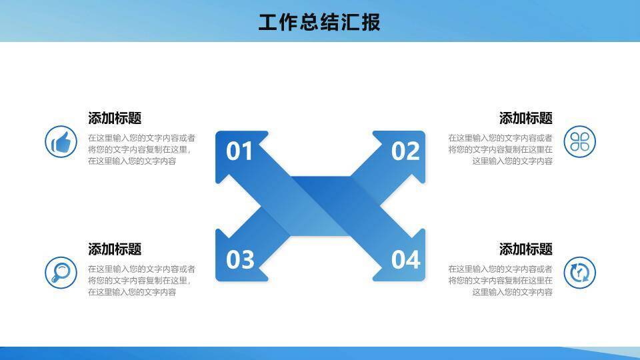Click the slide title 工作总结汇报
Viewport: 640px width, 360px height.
pos(319,22)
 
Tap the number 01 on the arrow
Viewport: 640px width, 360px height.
pos(240,151)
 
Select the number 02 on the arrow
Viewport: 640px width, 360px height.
pos(405,151)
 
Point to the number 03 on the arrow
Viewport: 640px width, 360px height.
pos(240,259)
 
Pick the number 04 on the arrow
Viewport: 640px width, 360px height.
pos(405,259)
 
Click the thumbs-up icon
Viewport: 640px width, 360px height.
pos(61,141)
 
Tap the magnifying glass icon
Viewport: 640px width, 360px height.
pos(61,273)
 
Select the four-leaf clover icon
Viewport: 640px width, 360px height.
pos(579,141)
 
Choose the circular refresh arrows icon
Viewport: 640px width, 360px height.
pos(579,273)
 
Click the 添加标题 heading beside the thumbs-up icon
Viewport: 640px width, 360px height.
pos(115,118)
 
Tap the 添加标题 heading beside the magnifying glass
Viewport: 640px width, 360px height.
pos(115,249)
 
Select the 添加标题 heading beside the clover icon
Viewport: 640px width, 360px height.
pos(526,118)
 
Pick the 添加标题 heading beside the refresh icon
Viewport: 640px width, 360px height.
pos(526,249)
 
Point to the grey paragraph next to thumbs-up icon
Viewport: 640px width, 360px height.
pos(141,149)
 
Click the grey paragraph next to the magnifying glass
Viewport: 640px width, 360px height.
pos(141,280)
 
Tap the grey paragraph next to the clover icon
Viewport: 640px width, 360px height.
pos(500,149)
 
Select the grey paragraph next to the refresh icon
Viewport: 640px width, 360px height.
pos(500,280)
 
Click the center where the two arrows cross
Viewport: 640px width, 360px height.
pos(320,206)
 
